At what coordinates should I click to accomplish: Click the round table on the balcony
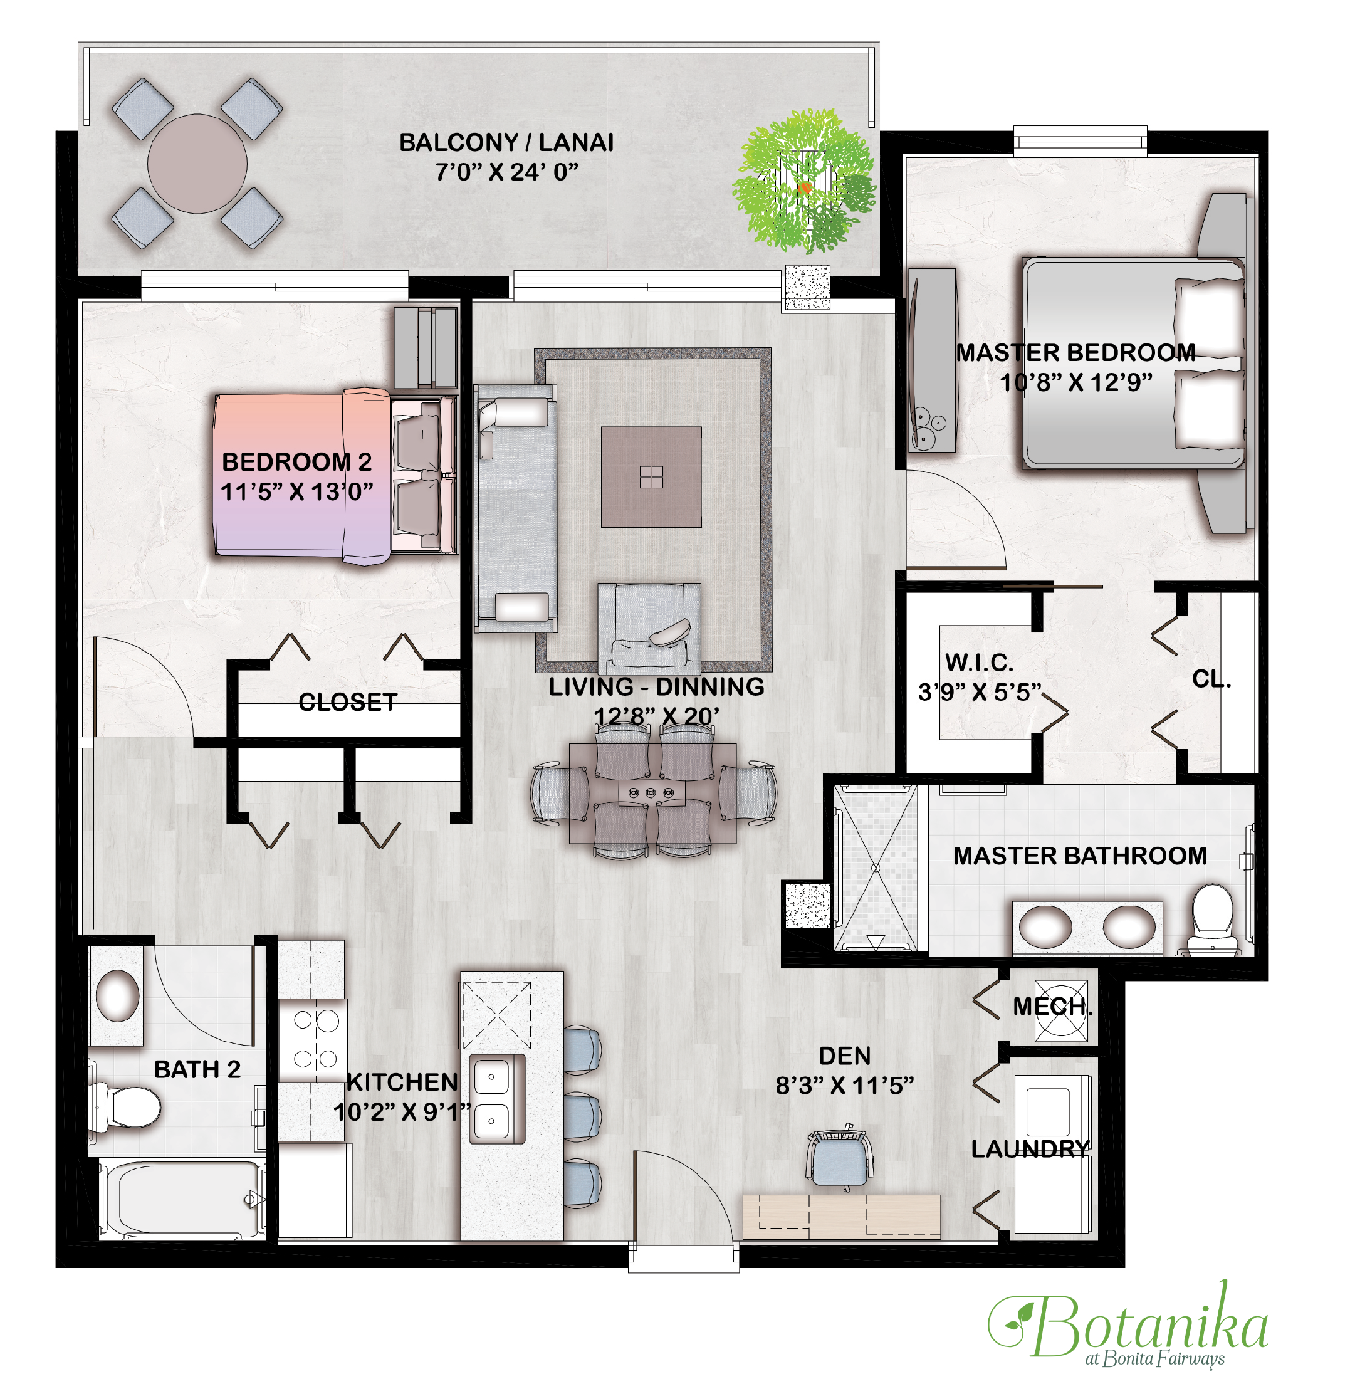tap(197, 164)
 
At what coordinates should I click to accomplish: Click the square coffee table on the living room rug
tap(651, 477)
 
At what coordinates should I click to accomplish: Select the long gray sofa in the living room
tap(515, 508)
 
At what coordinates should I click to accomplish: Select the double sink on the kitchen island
tap(497, 1098)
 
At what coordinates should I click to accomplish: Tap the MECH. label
tap(1052, 1006)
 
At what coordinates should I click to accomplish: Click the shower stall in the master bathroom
tap(875, 867)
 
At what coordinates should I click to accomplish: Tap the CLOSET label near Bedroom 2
tap(347, 702)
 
